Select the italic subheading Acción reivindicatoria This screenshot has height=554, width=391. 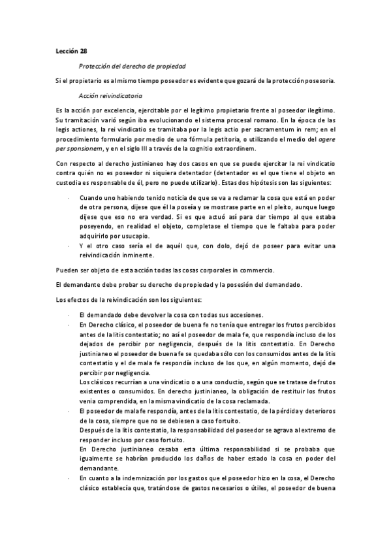pyautogui.click(x=106, y=95)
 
